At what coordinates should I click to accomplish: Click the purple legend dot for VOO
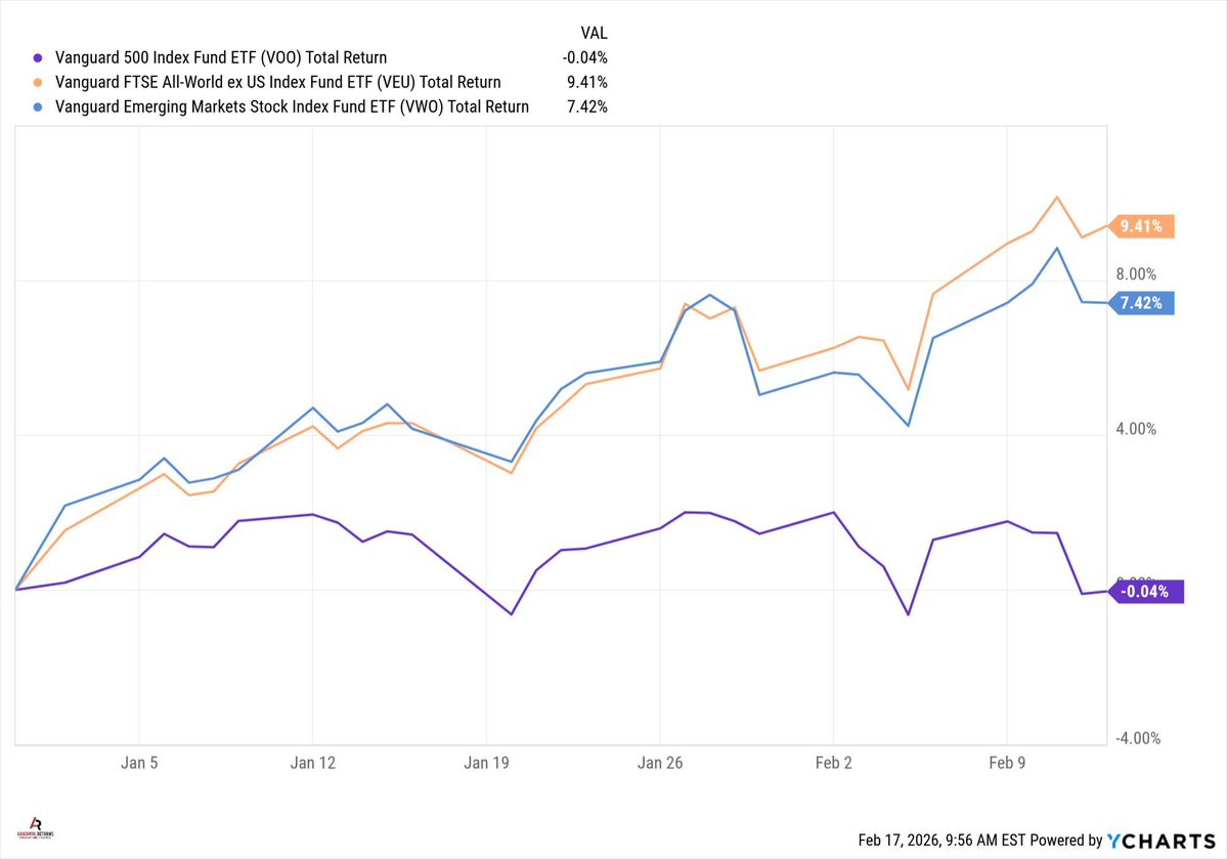coord(37,58)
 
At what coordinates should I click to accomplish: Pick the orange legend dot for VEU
coord(37,82)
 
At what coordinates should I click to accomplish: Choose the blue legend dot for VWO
coord(37,107)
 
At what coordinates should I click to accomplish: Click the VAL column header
coord(594,33)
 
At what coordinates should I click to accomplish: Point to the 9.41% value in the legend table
coord(587,82)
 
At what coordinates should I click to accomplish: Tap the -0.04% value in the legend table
coord(585,58)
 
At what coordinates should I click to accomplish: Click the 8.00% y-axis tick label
coord(1136,274)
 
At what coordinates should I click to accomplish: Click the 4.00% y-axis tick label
coord(1136,429)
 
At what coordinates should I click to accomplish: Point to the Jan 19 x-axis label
coord(486,763)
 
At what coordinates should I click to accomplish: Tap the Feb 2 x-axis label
coord(833,763)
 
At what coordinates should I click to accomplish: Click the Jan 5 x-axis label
coord(139,763)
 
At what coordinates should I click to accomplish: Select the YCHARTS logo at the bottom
coord(1161,841)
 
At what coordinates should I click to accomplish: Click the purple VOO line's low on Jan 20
coord(512,614)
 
